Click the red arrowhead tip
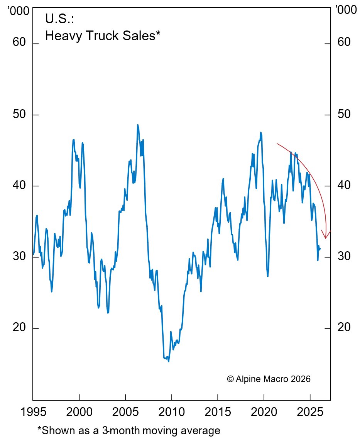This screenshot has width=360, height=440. (x=326, y=238)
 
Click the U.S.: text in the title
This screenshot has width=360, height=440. (x=59, y=19)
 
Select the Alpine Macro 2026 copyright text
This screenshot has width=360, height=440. (x=269, y=379)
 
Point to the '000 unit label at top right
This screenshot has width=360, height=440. (x=346, y=10)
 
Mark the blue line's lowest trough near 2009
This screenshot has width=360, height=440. (x=169, y=361)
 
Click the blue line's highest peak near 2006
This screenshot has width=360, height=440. (x=138, y=125)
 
